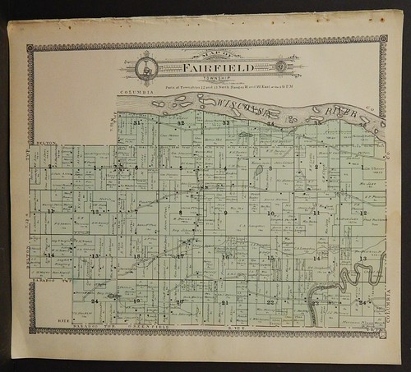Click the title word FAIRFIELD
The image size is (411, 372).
click(x=207, y=66)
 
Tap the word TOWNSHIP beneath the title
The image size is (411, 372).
click(x=207, y=77)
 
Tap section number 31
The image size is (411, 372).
click(x=138, y=122)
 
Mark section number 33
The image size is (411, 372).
click(x=225, y=123)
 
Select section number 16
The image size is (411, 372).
click(x=224, y=257)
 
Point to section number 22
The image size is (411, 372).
click(x=270, y=302)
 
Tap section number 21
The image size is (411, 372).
click(x=224, y=302)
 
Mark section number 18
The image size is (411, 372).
click(x=136, y=257)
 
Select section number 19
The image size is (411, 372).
click(x=136, y=302)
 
